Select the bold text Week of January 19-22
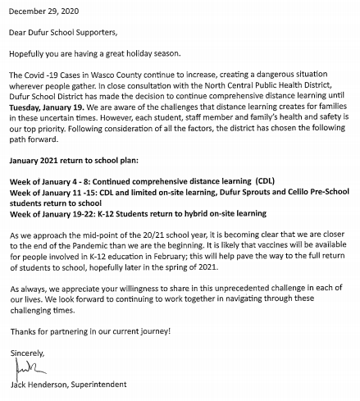tap(55, 212)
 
